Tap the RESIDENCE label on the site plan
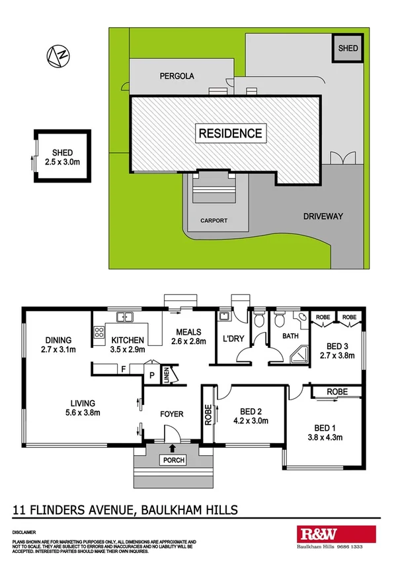pos(231,133)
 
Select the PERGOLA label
pos(177,76)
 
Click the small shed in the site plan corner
pos(348,49)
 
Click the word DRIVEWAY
pos(323,216)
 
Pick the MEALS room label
pos(188,332)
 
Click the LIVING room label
pos(79,404)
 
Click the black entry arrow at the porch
pos(174,449)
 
